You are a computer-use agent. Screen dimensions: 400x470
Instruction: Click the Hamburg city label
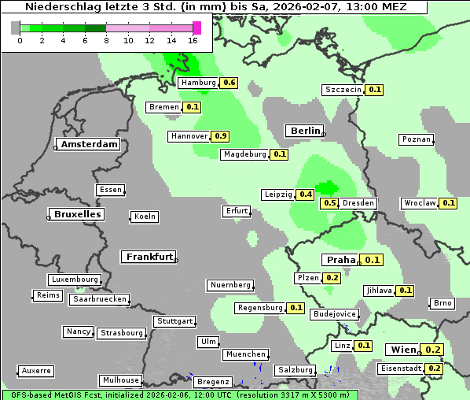(x=198, y=83)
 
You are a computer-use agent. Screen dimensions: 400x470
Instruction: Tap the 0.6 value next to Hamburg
(x=229, y=83)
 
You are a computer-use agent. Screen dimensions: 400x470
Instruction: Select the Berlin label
(x=305, y=131)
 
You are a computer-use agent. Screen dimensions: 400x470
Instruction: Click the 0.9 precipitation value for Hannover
(x=221, y=136)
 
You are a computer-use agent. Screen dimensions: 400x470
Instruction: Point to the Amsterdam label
(x=90, y=144)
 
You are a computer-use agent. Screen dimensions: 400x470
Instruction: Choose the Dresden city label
(x=358, y=203)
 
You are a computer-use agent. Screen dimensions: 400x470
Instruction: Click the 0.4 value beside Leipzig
(x=306, y=194)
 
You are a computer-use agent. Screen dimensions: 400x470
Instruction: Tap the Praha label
(x=341, y=260)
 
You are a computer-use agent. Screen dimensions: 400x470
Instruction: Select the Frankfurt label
(x=149, y=257)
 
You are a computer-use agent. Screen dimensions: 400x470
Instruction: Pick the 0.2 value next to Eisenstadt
(x=435, y=369)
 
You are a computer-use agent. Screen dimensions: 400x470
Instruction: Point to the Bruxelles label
(x=76, y=214)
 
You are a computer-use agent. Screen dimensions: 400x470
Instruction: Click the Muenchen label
(x=245, y=355)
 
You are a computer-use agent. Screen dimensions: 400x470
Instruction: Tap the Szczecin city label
(x=343, y=90)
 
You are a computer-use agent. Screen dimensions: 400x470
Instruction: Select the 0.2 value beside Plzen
(x=332, y=278)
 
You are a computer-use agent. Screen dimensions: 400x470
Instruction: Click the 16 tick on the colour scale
(x=193, y=40)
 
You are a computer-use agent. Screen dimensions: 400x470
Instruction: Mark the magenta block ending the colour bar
(x=196, y=28)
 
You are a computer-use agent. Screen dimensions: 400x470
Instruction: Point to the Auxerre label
(x=36, y=370)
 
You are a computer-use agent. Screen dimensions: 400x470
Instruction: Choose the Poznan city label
(x=417, y=139)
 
